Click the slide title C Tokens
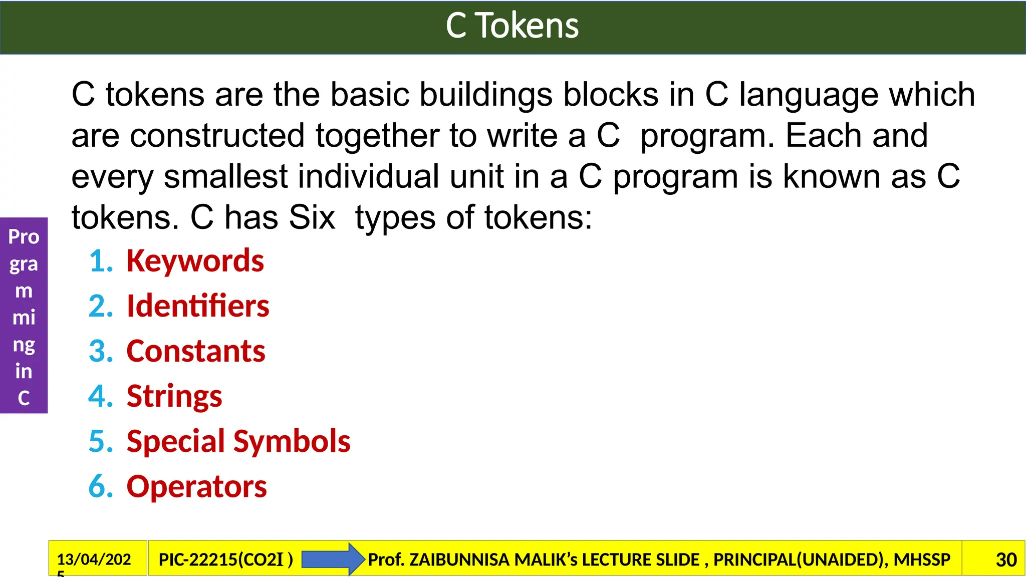512,26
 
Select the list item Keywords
195,261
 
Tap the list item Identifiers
198,306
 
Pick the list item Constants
196,351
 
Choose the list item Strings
174,396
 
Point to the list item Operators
196,486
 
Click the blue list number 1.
100,261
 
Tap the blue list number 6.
100,486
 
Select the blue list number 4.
100,396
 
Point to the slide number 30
1006,559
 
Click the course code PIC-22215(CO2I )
226,559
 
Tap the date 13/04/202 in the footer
94,559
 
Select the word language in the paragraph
809,95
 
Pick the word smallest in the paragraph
225,177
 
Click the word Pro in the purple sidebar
24,237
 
